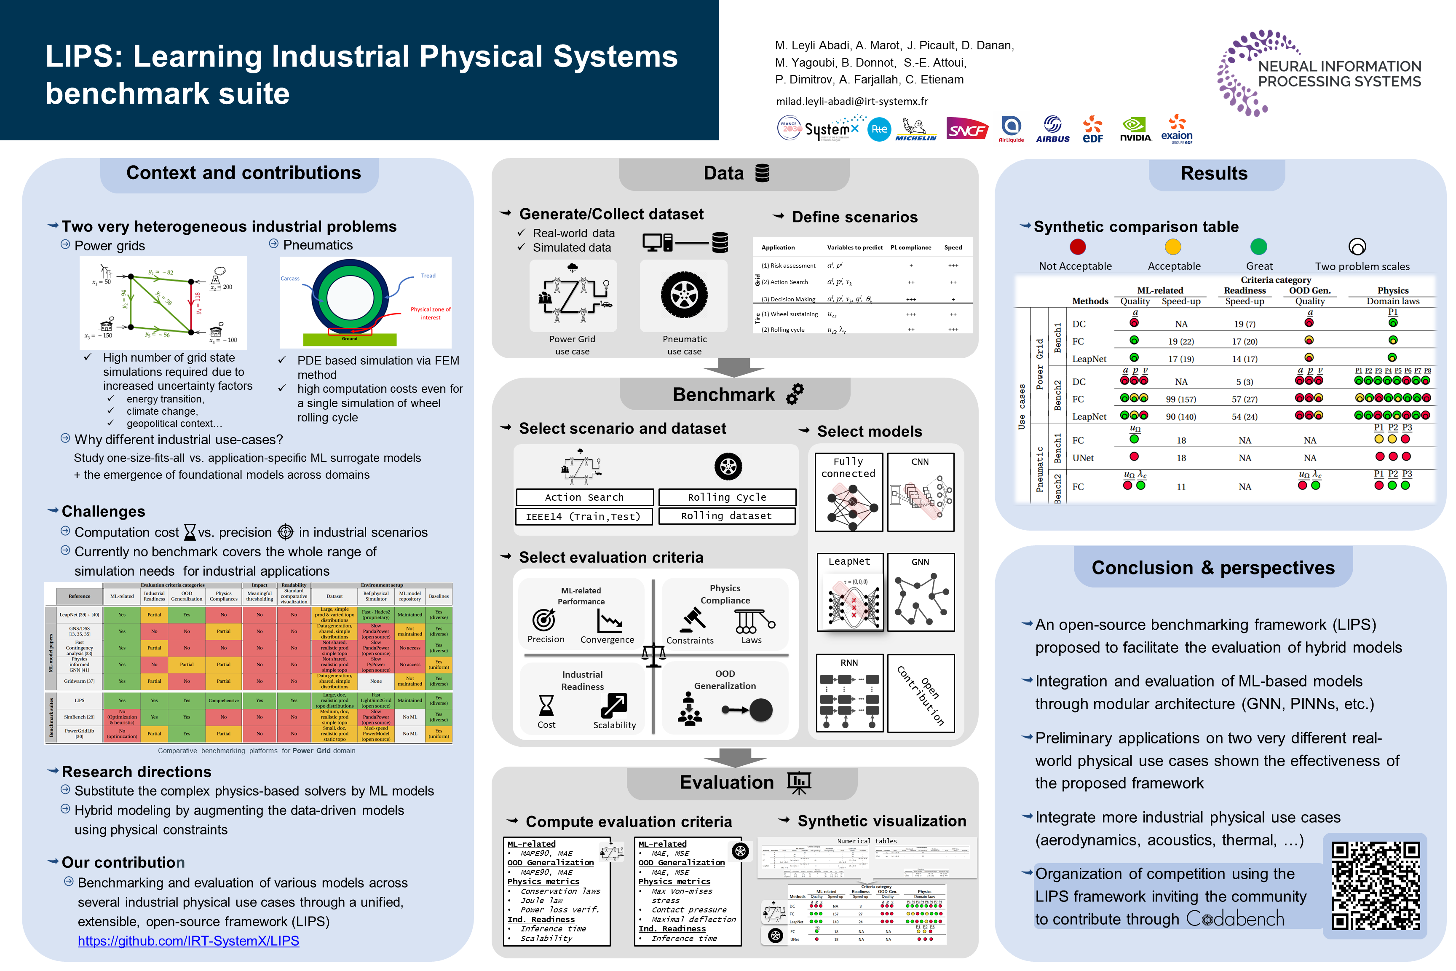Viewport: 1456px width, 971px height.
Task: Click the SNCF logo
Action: pos(966,129)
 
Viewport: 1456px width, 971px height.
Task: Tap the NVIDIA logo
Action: pos(1135,129)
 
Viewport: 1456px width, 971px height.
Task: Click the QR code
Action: pos(1376,885)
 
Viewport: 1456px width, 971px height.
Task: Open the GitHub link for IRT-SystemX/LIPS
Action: pos(188,941)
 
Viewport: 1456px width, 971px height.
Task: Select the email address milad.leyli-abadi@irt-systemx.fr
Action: pos(852,102)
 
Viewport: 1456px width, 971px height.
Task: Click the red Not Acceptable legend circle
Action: pos(1078,247)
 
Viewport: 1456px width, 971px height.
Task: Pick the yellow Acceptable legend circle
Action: pos(1173,247)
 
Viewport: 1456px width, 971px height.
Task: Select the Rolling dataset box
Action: pos(726,516)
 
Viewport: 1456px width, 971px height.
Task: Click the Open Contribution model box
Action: pos(921,694)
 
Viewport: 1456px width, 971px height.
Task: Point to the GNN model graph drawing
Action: pos(921,598)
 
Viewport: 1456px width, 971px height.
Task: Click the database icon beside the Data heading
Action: pos(763,173)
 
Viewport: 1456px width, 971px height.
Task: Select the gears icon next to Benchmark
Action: pos(795,394)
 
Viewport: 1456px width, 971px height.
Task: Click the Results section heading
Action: pos(1213,173)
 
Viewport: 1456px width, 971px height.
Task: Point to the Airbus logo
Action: pos(1052,129)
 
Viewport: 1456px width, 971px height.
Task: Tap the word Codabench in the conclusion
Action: pos(1235,919)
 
